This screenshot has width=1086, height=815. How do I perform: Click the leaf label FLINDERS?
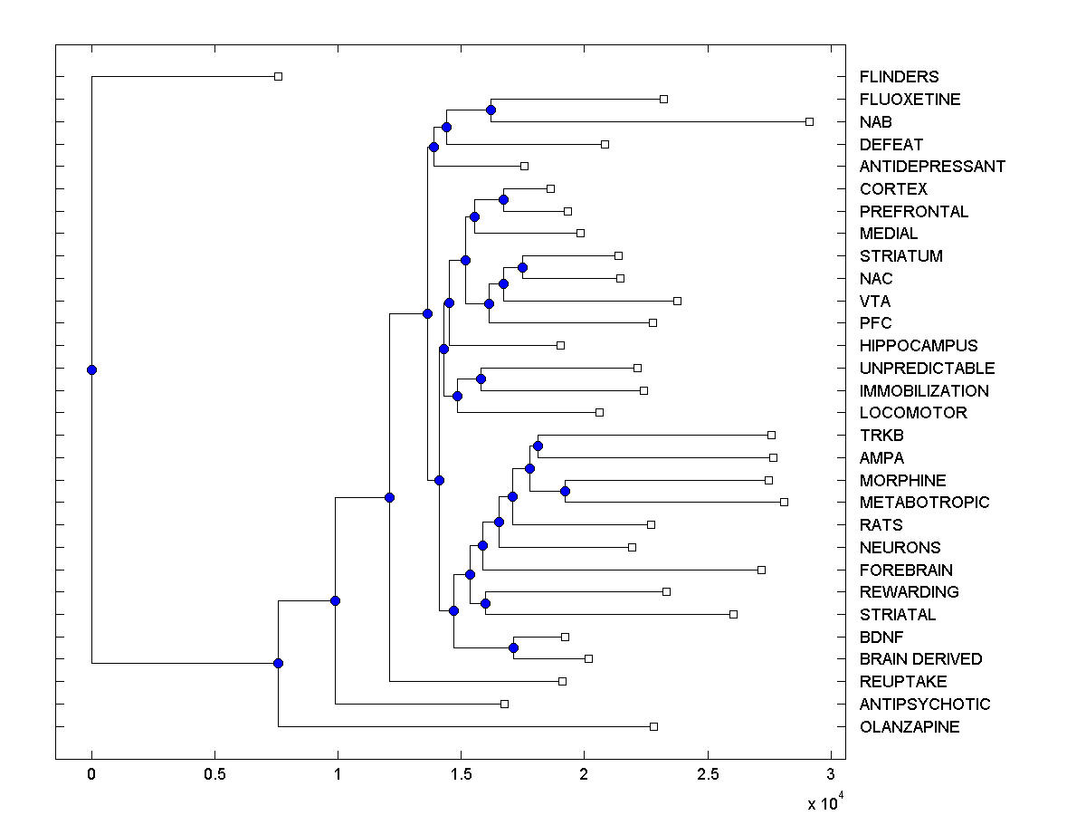[899, 77]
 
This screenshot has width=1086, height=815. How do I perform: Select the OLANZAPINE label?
[910, 727]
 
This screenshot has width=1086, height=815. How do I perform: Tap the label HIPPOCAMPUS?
[919, 346]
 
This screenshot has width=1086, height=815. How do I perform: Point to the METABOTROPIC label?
[925, 503]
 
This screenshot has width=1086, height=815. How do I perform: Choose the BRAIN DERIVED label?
[920, 659]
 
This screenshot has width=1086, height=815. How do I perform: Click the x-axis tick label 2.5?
[708, 775]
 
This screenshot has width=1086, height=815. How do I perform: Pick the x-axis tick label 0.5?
[214, 775]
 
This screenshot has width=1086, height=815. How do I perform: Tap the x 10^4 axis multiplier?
[826, 802]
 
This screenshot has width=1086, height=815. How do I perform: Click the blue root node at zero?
[91, 369]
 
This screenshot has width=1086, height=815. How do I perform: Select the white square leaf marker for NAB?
[809, 121]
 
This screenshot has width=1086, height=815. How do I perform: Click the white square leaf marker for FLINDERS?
[279, 77]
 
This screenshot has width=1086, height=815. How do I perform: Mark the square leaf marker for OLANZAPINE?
[653, 726]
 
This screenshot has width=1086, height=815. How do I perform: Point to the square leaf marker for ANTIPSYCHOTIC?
[505, 704]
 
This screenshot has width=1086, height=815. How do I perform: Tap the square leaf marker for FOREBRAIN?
[761, 570]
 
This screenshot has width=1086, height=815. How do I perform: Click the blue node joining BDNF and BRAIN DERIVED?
[513, 647]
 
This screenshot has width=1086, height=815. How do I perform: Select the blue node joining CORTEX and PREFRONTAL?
[503, 199]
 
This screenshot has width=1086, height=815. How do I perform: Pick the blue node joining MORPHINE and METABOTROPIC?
[565, 491]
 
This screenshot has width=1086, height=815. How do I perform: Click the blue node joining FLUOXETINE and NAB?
[491, 110]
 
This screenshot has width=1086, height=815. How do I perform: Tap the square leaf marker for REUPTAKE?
[562, 681]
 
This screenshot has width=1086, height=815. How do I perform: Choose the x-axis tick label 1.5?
[462, 775]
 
